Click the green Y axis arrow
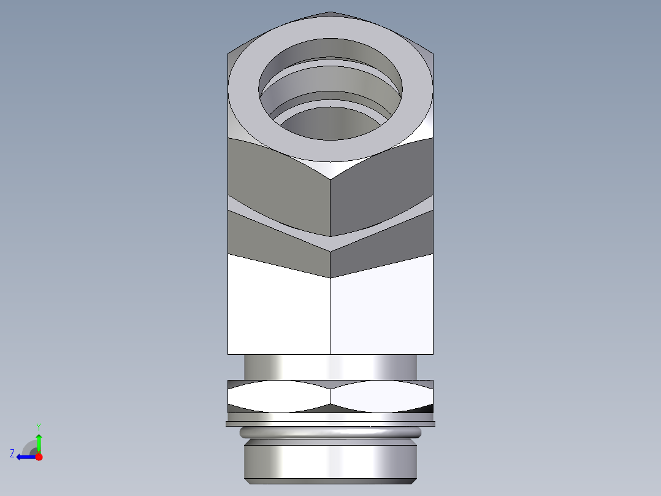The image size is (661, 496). (39, 442)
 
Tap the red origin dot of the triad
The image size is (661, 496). (39, 457)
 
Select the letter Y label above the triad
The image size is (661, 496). (38, 426)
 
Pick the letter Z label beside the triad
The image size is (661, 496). (12, 454)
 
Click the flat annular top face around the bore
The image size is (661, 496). (245, 92)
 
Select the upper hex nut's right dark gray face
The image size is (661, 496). (380, 184)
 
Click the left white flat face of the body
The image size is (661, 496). (279, 307)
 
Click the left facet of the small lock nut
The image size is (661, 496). (279, 396)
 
